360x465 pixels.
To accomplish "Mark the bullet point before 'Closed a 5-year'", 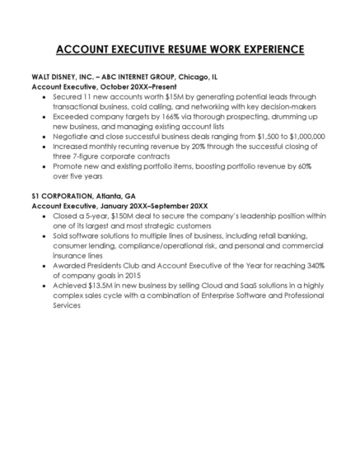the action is (42, 215).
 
